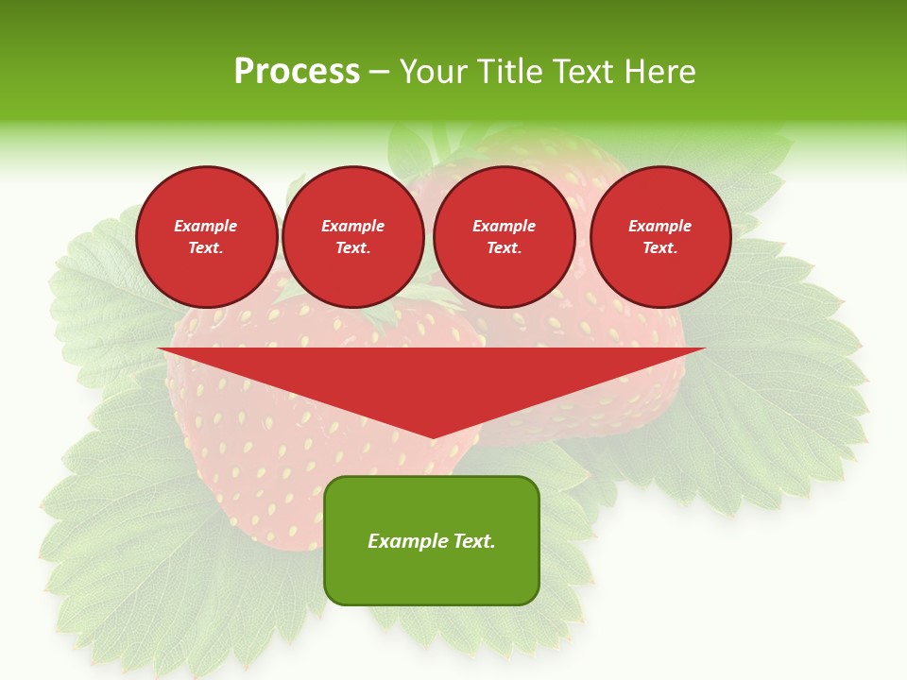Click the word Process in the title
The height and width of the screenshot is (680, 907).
pyautogui.click(x=297, y=72)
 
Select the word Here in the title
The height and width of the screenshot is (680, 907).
pyautogui.click(x=659, y=72)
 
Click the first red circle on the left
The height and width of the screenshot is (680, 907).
pyautogui.click(x=207, y=237)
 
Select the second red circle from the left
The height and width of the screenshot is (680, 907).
pyautogui.click(x=353, y=237)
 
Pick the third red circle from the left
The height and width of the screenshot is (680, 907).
pyautogui.click(x=505, y=237)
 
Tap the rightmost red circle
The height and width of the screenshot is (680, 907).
pyautogui.click(x=660, y=237)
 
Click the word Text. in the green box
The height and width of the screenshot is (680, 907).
pyautogui.click(x=472, y=541)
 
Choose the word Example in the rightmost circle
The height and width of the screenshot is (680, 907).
pyautogui.click(x=660, y=226)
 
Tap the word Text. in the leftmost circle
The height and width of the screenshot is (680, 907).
pyautogui.click(x=206, y=248)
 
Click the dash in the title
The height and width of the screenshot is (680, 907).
pyautogui.click(x=379, y=72)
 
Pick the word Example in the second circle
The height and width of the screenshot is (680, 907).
pyautogui.click(x=353, y=226)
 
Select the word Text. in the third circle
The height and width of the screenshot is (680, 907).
pyautogui.click(x=505, y=248)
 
